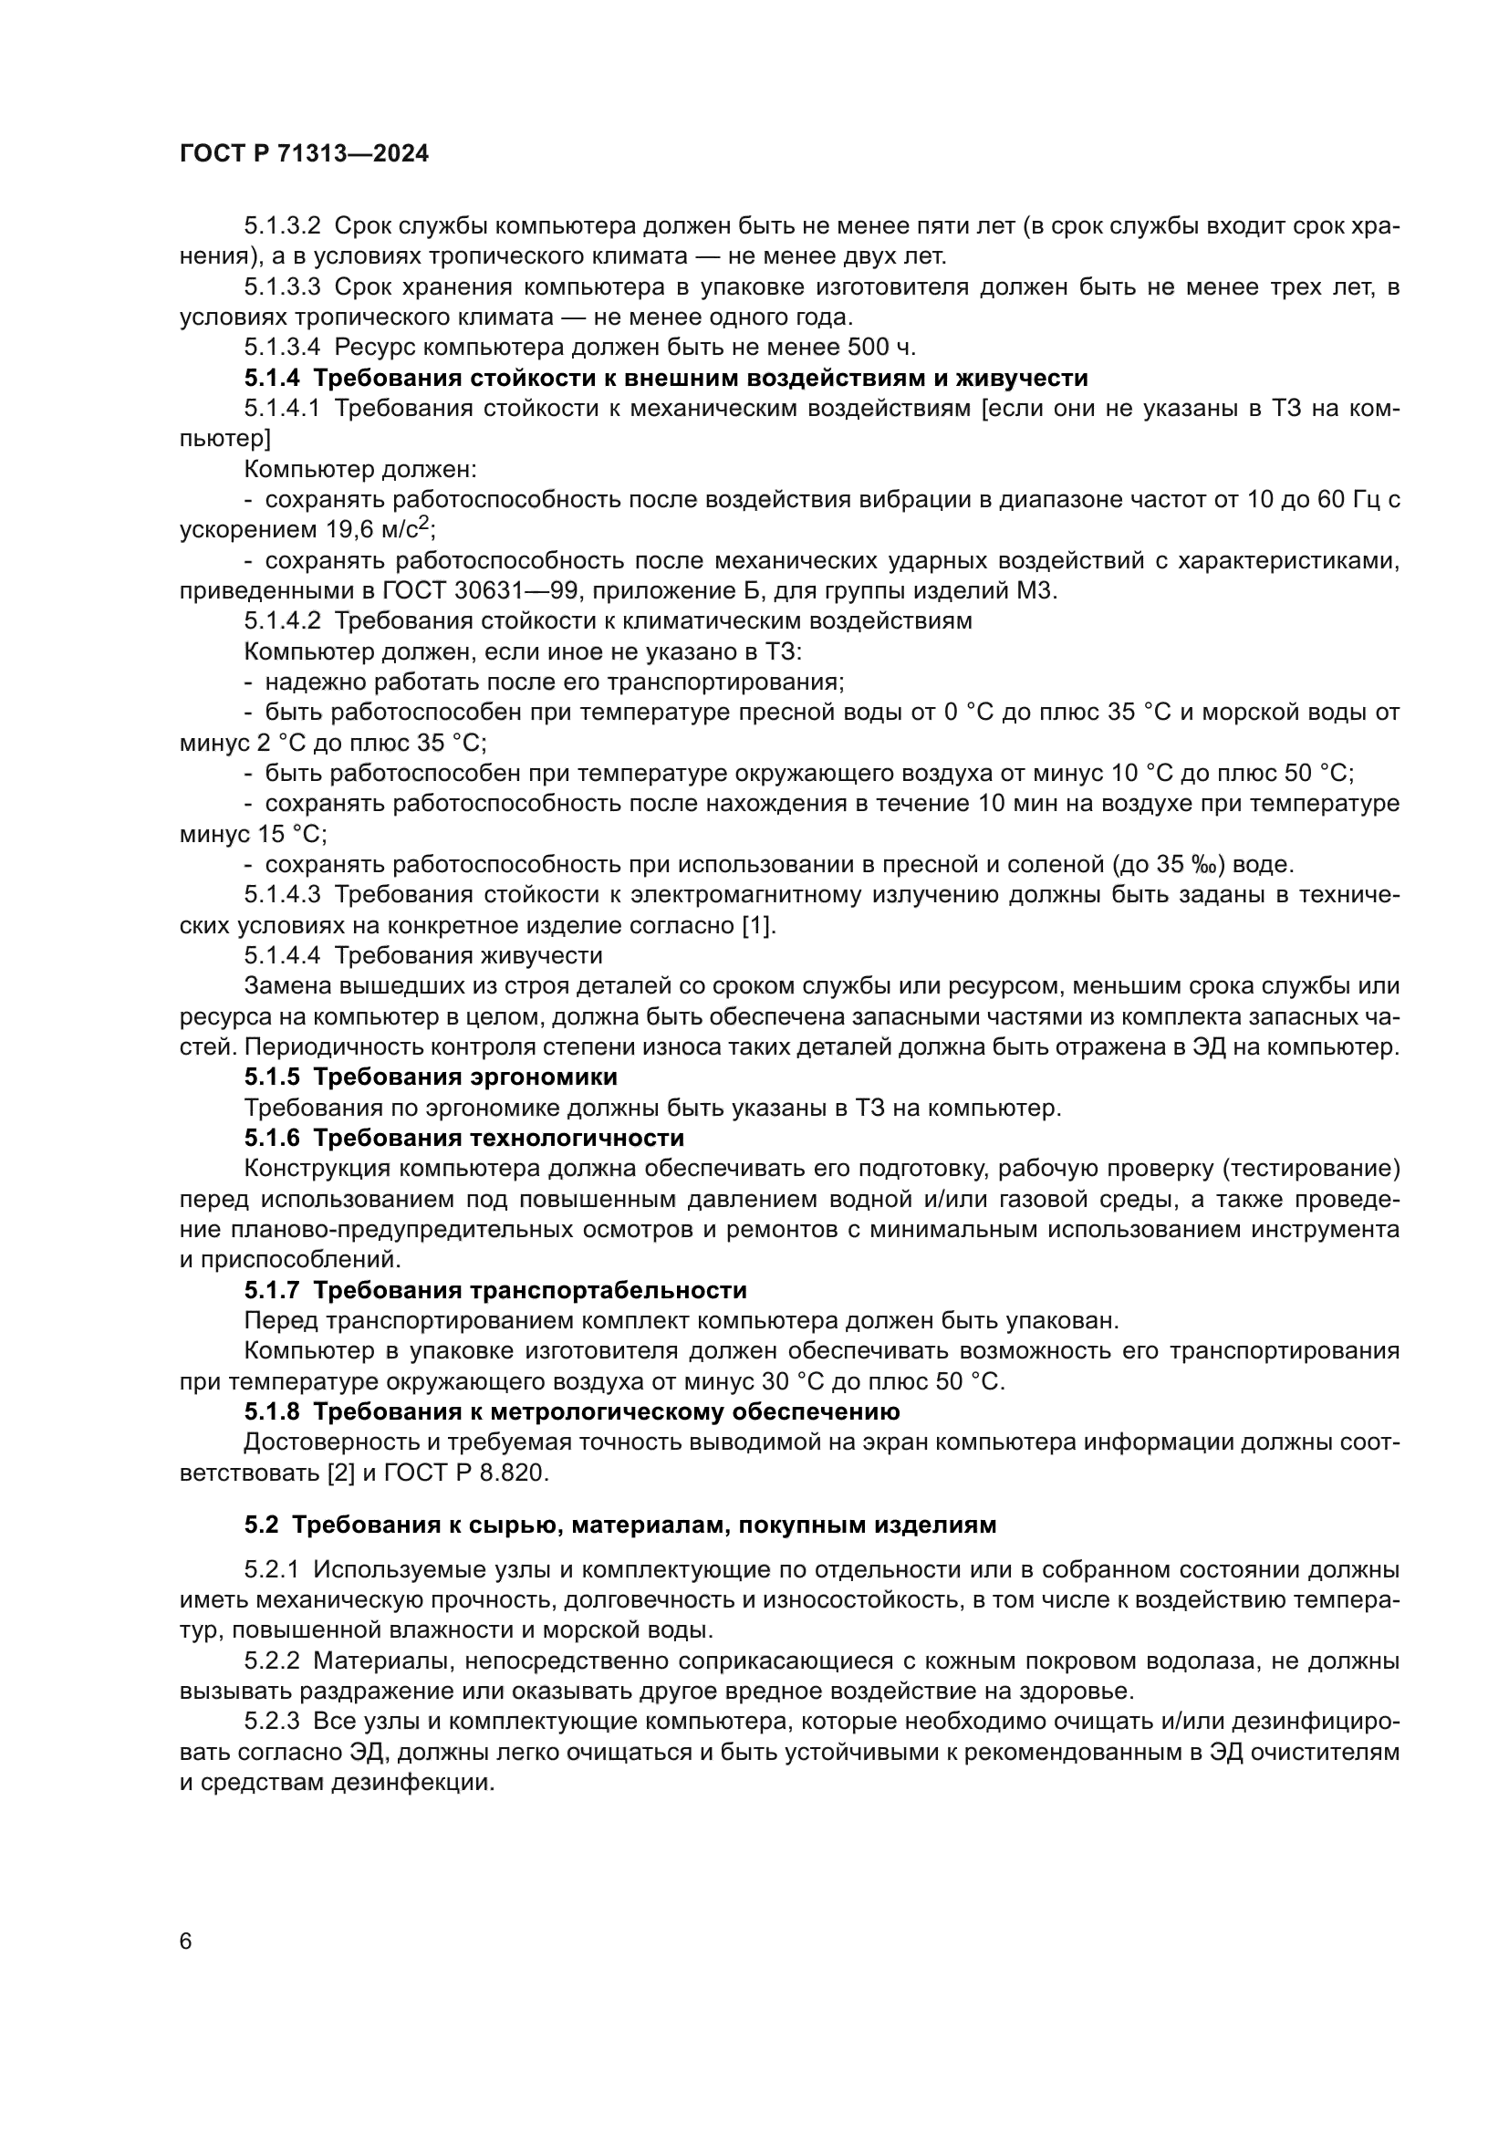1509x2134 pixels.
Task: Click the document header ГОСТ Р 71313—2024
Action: pos(304,154)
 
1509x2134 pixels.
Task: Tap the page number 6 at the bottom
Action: pos(186,1941)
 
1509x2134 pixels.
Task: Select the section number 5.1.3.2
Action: pos(282,226)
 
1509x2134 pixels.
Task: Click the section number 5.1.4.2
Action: pos(282,621)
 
